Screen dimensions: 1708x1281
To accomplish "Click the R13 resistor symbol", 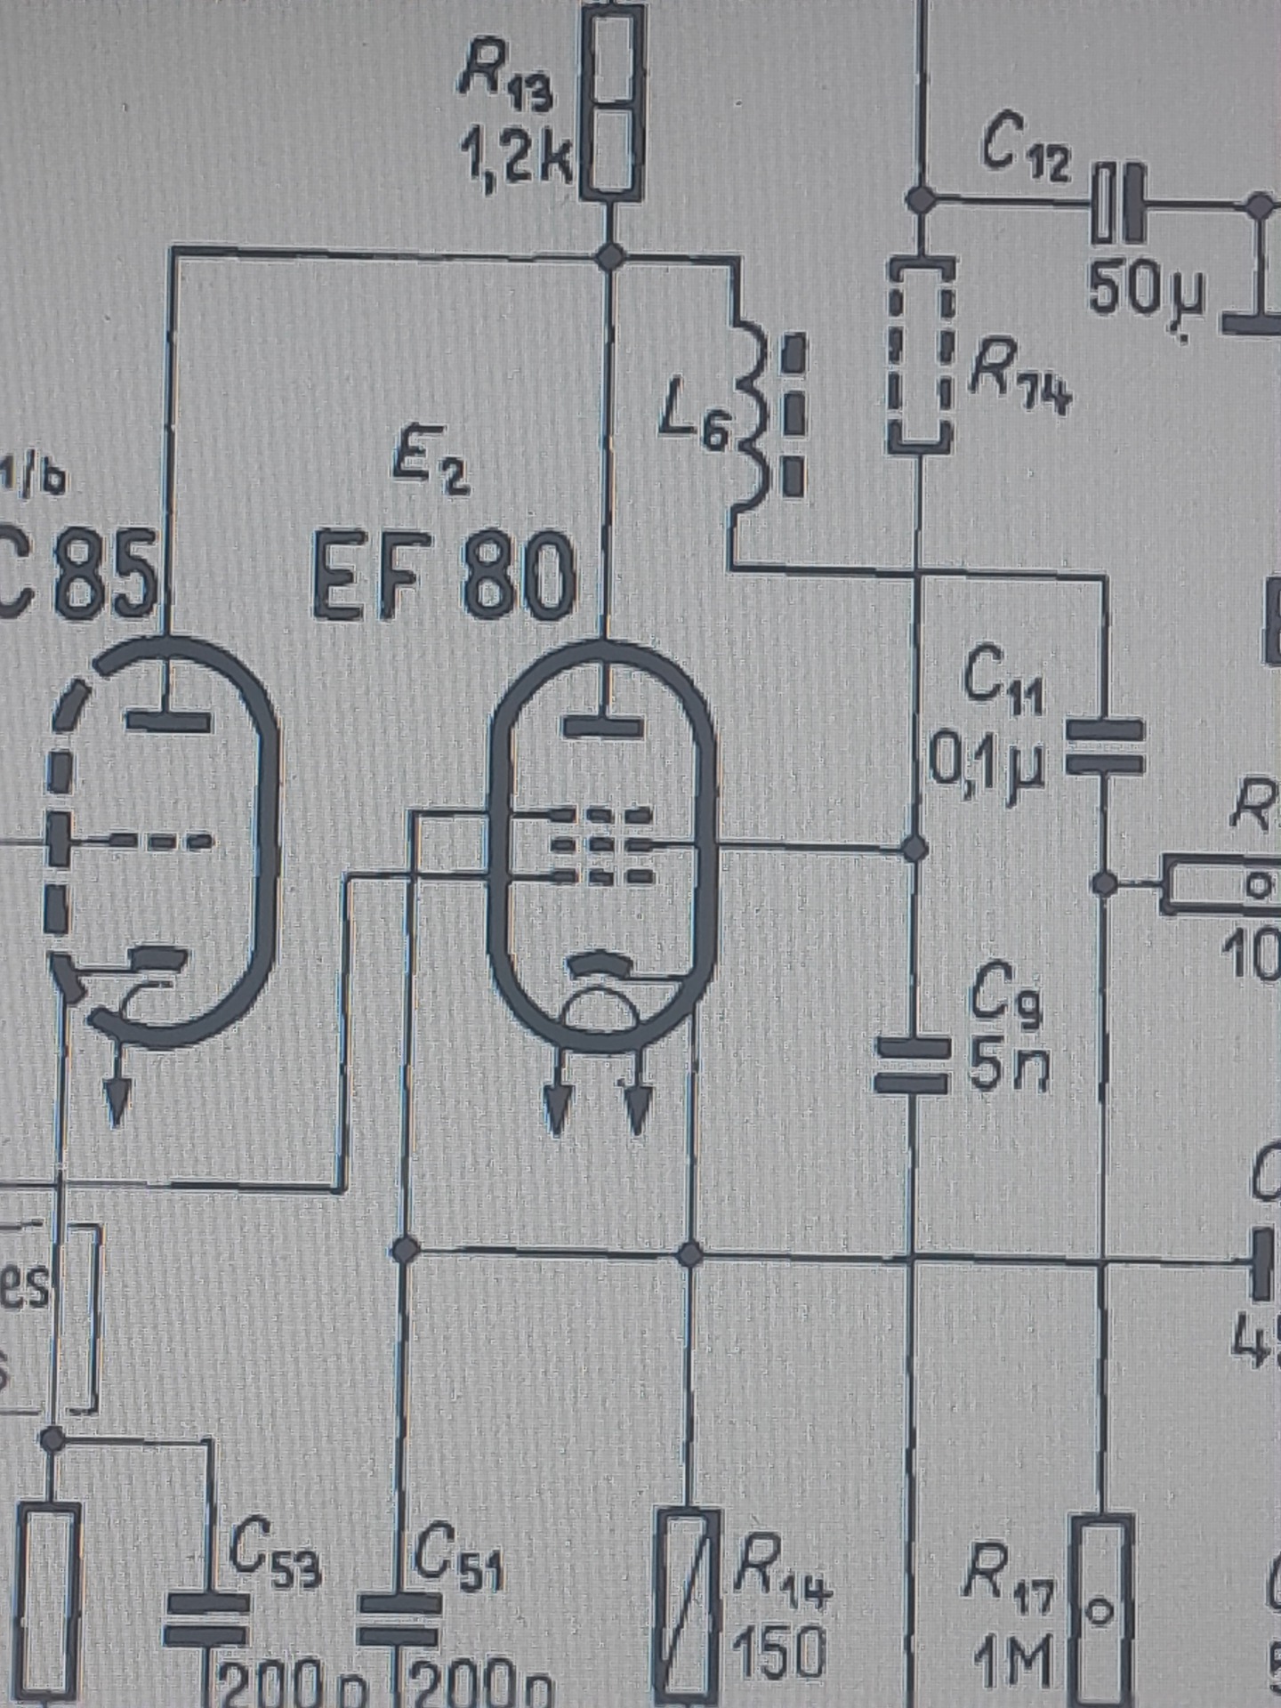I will pyautogui.click(x=611, y=102).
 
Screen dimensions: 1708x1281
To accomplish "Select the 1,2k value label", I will pyautogui.click(x=515, y=159).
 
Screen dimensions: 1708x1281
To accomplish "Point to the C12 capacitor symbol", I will pyautogui.click(x=1117, y=204).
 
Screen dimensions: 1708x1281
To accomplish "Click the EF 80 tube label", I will pyautogui.click(x=442, y=579).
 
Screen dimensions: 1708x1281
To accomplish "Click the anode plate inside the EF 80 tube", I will pyautogui.click(x=605, y=725).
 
